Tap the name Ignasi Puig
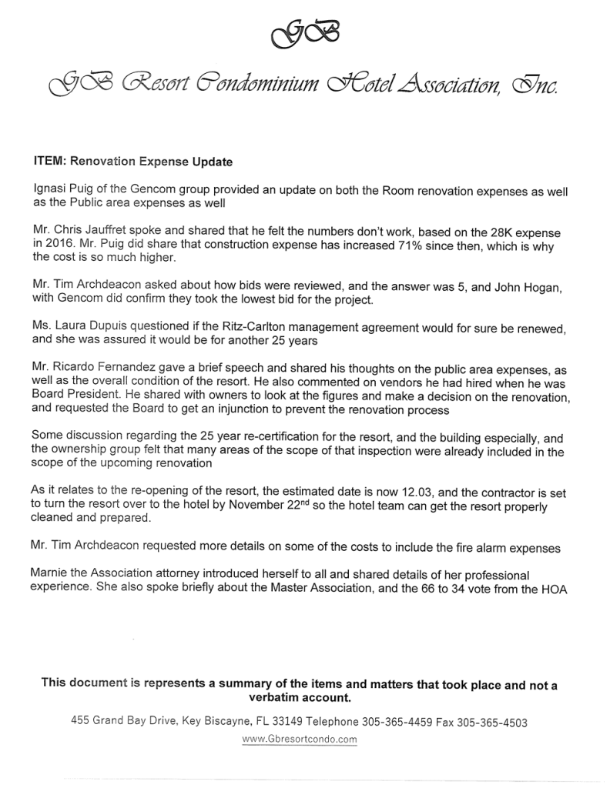tap(62, 189)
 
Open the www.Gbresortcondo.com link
tap(300, 740)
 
